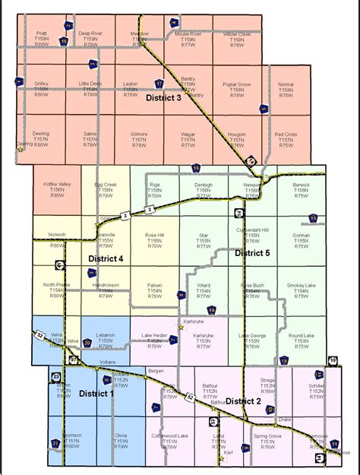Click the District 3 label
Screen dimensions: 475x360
click(x=163, y=97)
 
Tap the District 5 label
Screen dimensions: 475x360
click(x=252, y=252)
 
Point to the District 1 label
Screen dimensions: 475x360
click(x=95, y=393)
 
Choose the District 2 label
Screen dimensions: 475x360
click(x=243, y=401)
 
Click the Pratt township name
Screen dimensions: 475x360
click(x=41, y=34)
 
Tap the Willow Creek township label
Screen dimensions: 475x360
click(x=237, y=34)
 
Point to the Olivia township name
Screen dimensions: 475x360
click(x=121, y=435)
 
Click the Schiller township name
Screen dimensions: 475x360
click(x=317, y=385)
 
